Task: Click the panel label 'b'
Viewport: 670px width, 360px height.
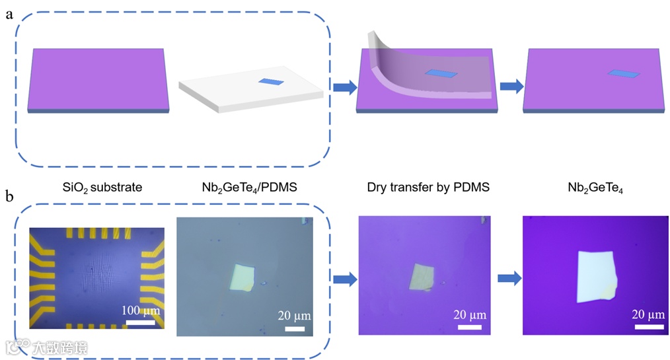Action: [x=9, y=196]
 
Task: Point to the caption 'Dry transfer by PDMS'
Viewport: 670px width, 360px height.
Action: [x=428, y=188]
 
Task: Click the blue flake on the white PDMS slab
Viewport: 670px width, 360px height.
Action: [x=270, y=82]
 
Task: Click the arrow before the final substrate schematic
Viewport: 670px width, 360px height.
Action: [x=510, y=86]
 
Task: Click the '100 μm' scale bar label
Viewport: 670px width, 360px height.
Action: [x=140, y=310]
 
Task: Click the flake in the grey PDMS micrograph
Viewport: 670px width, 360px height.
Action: [x=242, y=277]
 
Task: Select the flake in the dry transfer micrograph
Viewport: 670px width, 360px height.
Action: [x=421, y=276]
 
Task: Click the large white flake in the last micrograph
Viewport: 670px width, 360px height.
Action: [x=594, y=276]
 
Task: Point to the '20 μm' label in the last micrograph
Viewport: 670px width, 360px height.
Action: [x=648, y=314]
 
